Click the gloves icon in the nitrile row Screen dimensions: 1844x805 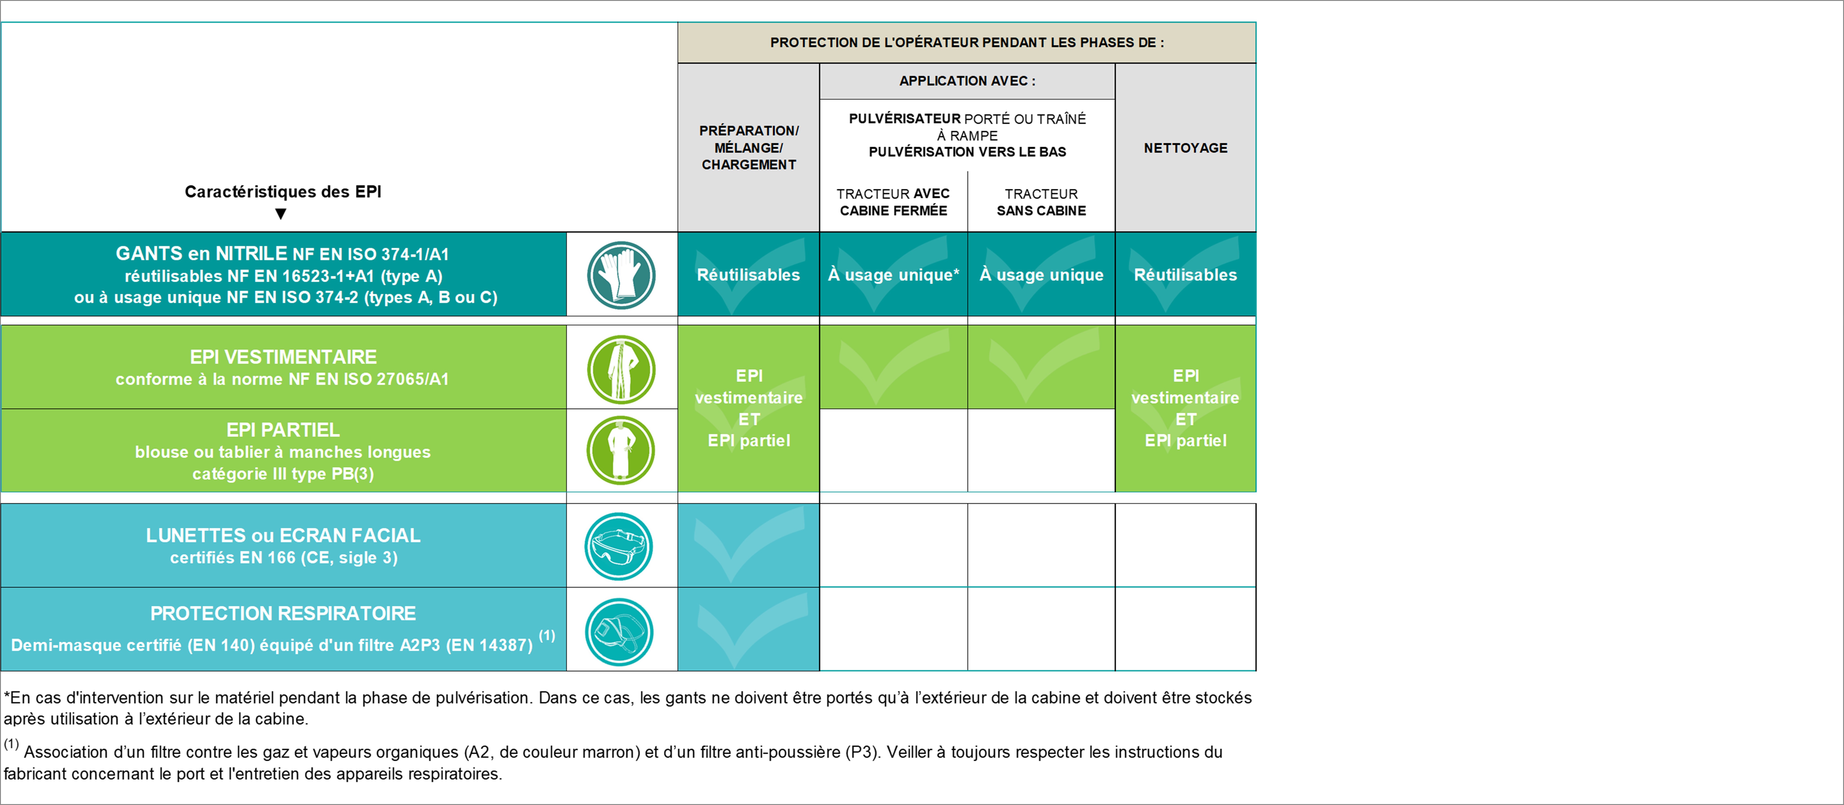(x=621, y=275)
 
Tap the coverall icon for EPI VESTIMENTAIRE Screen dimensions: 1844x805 (x=621, y=369)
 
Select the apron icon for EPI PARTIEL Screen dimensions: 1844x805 (x=621, y=450)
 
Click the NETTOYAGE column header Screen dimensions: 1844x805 (x=1185, y=148)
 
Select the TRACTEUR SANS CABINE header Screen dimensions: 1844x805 (x=1041, y=202)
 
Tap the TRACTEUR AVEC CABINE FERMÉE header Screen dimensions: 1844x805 (x=893, y=202)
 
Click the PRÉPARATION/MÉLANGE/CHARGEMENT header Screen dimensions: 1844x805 (x=749, y=147)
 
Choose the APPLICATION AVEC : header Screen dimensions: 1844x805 (x=967, y=81)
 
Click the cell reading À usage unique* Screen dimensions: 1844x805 (x=893, y=275)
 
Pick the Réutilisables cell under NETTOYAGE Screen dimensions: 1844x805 (x=1185, y=275)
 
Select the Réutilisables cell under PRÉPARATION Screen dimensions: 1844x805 (x=749, y=275)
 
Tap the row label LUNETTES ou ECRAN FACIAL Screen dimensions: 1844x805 (x=283, y=535)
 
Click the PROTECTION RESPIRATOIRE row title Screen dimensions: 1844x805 (x=283, y=613)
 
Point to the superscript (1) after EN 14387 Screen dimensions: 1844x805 (x=547, y=635)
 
